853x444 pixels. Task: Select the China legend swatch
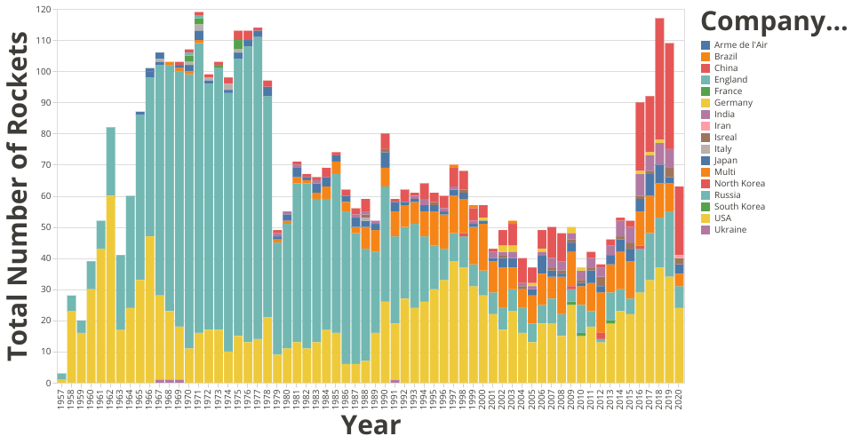(x=706, y=67)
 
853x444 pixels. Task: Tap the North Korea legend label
(x=739, y=183)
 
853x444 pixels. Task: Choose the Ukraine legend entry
(x=730, y=229)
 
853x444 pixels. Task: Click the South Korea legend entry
(x=738, y=206)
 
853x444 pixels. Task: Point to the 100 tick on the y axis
(x=44, y=72)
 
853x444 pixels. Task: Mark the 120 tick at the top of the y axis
(x=44, y=10)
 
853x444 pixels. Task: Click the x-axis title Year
(x=371, y=426)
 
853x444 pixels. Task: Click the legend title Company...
(x=773, y=22)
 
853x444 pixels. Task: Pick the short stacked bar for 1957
(x=61, y=377)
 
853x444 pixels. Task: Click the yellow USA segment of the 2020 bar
(x=679, y=345)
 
